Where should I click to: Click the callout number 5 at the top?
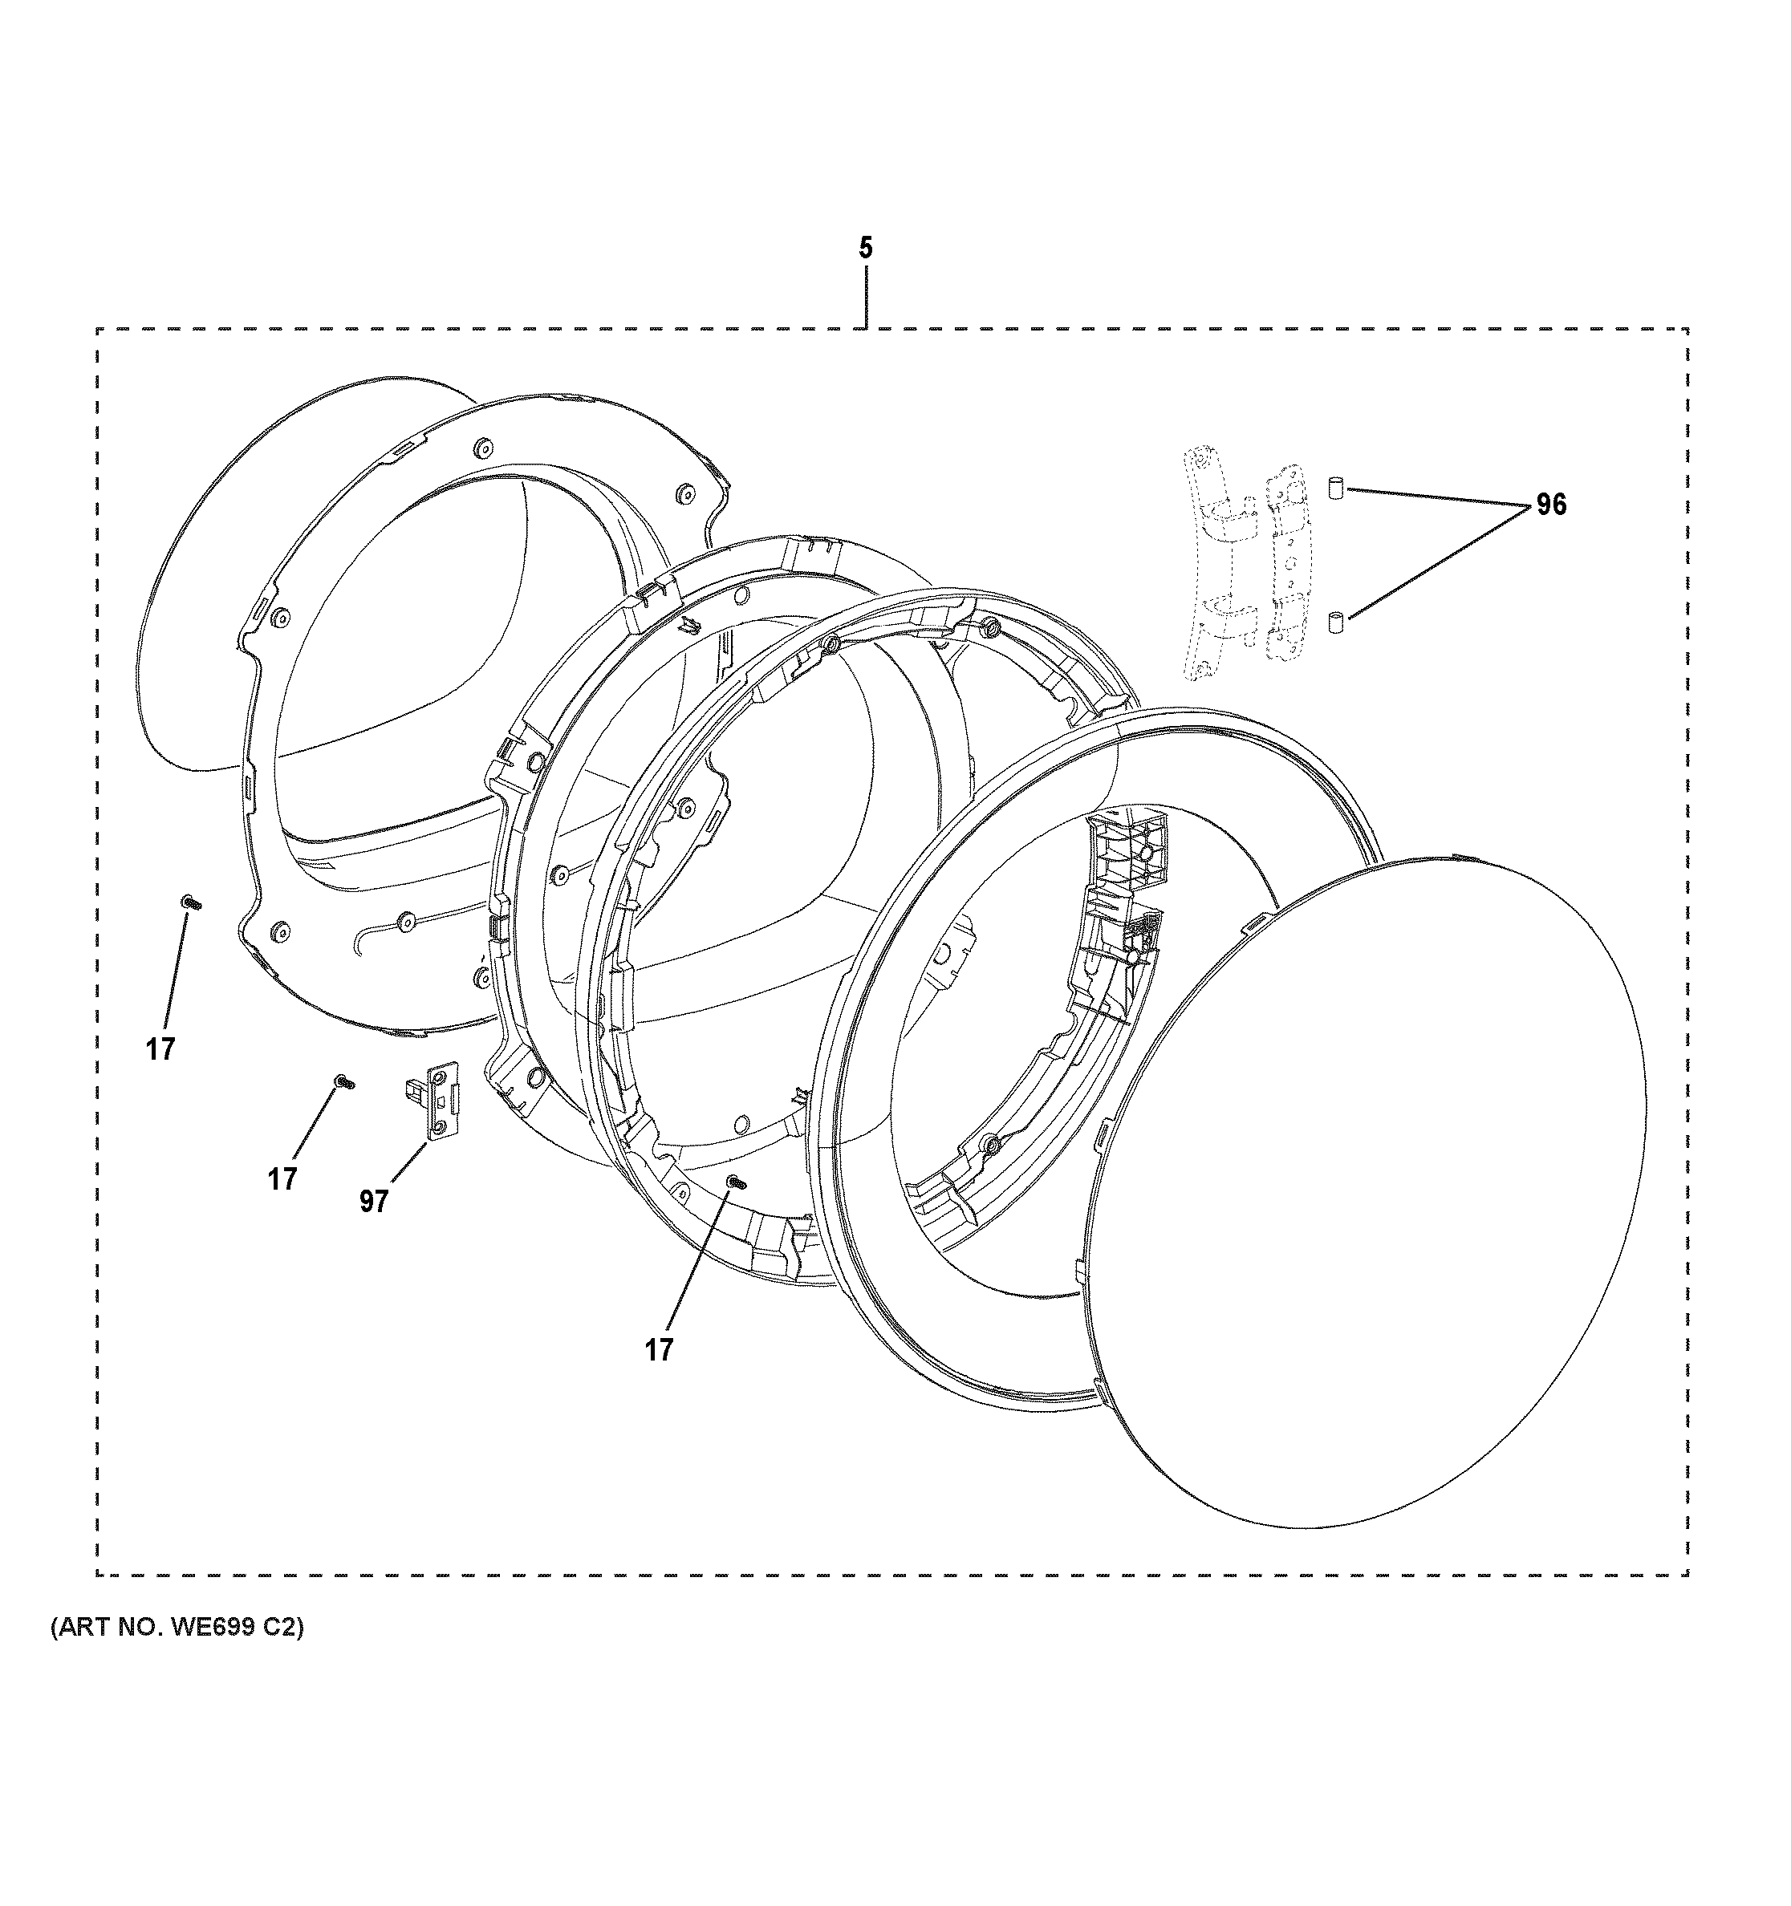point(865,249)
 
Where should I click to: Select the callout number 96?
point(1550,505)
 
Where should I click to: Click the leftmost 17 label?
point(160,1049)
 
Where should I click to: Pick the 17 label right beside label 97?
point(282,1178)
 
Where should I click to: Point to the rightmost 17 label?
point(659,1350)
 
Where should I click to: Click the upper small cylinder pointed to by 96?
point(1334,487)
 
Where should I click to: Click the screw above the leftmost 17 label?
point(191,901)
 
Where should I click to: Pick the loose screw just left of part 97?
point(343,1081)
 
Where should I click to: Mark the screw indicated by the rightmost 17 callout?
point(735,1183)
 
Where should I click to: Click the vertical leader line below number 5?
point(866,298)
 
